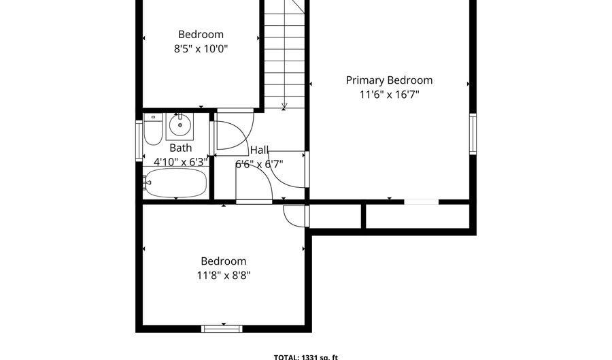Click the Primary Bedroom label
[389, 80]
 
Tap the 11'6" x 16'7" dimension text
[389, 95]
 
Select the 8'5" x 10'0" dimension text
[201, 49]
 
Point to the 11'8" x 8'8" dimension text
[223, 276]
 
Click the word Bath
[180, 148]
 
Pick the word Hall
[259, 150]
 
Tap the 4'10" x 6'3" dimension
[180, 162]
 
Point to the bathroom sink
[181, 124]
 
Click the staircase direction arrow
[284, 104]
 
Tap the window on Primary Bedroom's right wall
[473, 134]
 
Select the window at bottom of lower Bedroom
[222, 329]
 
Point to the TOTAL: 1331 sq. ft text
[305, 356]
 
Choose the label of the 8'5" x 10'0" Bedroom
[201, 35]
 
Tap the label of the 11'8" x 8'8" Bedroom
[223, 261]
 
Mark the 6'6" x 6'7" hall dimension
[259, 164]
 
